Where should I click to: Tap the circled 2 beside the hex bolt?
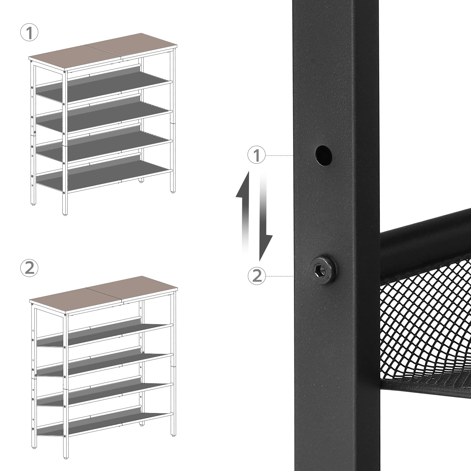[257, 276]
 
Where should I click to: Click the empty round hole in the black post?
[323, 153]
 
